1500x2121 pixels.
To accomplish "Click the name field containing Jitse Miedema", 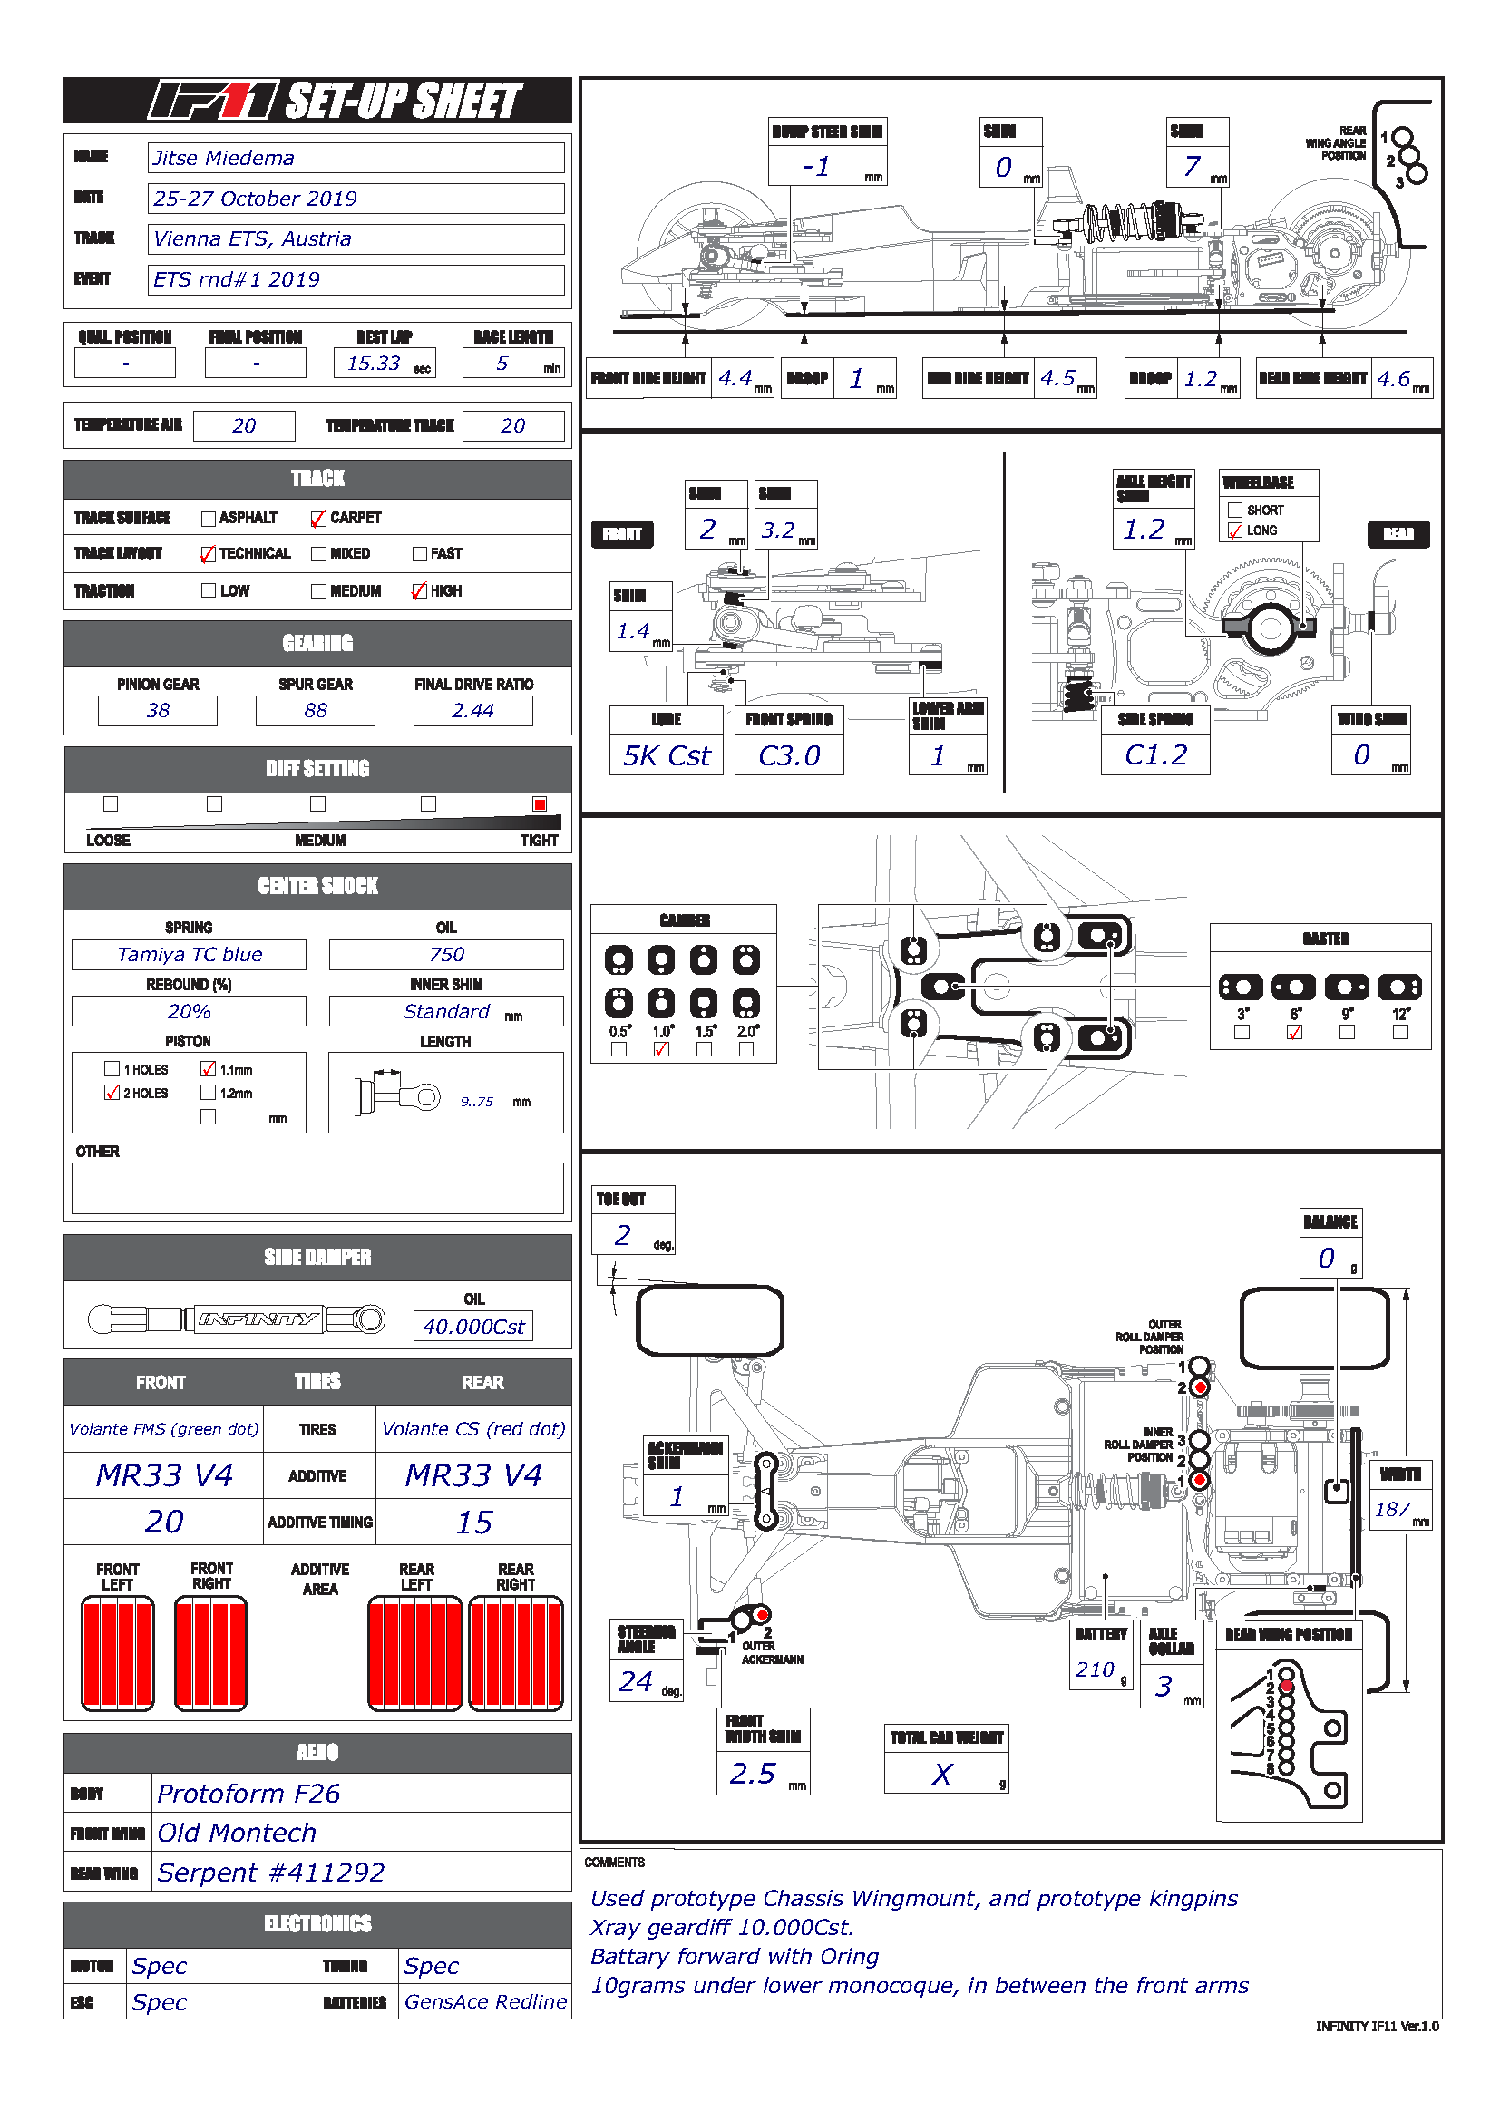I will [356, 158].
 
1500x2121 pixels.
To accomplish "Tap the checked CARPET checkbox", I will [318, 519].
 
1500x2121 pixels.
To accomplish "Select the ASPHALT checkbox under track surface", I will [209, 519].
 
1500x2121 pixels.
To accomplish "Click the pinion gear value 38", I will [158, 710].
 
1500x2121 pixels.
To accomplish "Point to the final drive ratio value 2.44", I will [472, 710].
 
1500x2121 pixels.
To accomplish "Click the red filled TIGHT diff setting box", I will [540, 804].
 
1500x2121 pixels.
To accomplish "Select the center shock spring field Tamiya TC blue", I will [190, 954].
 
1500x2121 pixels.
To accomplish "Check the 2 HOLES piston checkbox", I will [112, 1093].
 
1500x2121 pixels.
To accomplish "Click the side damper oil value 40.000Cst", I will [472, 1327].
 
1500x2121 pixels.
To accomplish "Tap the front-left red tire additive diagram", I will [118, 1654].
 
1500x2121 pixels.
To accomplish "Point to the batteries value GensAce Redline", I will [485, 2001].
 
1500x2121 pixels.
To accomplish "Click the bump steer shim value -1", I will [817, 167].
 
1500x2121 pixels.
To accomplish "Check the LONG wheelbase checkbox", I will [1235, 531].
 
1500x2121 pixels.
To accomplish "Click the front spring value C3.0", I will [789, 755].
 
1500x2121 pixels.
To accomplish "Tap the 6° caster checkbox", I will [1295, 1033].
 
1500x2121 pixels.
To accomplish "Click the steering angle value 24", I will [637, 1682].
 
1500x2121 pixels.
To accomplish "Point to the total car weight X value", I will [942, 1774].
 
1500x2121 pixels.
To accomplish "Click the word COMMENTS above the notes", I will [614, 1863].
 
